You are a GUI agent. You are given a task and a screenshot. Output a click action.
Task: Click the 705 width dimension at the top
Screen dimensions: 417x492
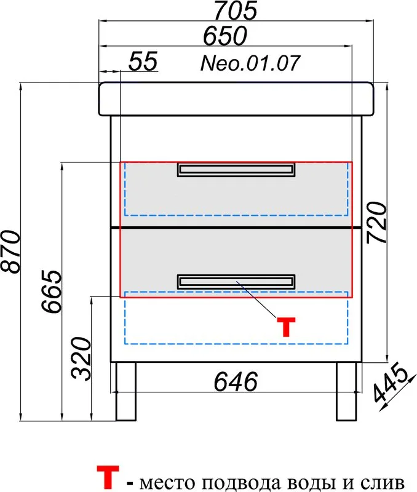coord(236,10)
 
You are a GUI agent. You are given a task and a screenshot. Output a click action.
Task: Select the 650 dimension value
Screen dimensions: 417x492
coord(225,36)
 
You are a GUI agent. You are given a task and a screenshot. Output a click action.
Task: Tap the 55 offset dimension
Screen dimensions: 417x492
coord(143,61)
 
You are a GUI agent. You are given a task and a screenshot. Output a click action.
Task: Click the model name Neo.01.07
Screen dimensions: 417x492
coord(250,63)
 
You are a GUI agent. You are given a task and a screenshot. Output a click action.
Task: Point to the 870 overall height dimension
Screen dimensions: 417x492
coord(10,252)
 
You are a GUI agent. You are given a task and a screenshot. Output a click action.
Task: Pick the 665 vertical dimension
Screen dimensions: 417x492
coord(52,291)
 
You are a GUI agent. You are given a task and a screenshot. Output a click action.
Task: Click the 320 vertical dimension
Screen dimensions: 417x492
coord(81,359)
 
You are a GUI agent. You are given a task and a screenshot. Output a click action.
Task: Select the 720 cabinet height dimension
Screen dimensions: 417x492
coord(376,223)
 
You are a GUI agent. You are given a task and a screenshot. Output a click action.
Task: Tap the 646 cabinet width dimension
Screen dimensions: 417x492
coord(236,381)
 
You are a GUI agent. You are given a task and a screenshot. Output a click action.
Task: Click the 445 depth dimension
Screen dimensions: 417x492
coord(391,382)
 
